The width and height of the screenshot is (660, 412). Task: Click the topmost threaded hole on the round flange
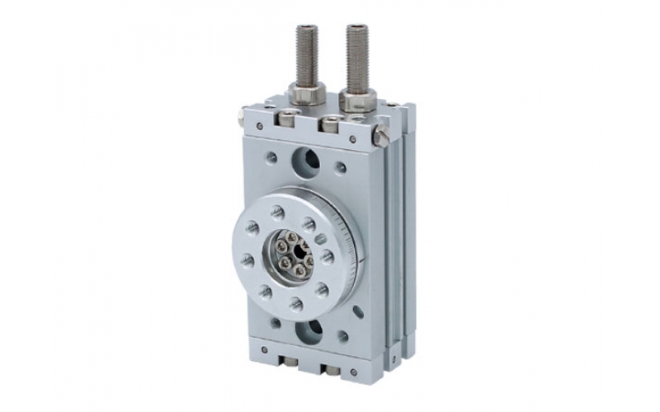[x=278, y=213]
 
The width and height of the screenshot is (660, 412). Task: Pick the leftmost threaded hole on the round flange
[x=247, y=260]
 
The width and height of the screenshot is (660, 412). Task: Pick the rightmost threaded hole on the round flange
[x=328, y=258]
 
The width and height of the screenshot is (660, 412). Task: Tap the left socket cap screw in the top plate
[x=285, y=120]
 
